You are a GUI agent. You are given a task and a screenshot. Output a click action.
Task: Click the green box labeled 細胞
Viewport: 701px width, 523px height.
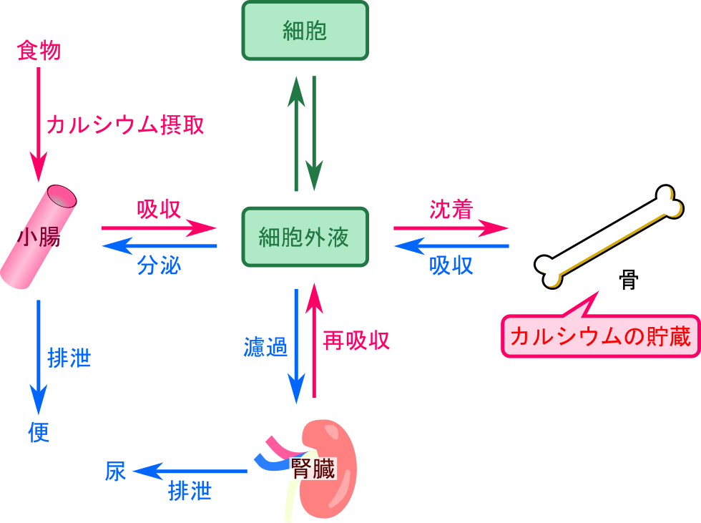[305, 31]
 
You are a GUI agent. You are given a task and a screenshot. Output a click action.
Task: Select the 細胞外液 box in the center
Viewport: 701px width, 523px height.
[305, 237]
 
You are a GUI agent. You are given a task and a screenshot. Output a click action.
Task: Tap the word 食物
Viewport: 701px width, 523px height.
[38, 52]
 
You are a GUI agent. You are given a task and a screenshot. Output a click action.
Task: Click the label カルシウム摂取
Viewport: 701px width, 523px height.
[125, 126]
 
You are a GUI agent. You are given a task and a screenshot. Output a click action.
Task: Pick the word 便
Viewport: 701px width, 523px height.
[39, 432]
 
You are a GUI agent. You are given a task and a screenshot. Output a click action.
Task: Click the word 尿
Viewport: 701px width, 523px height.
[116, 471]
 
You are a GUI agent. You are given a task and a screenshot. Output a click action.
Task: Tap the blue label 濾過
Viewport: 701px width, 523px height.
[265, 348]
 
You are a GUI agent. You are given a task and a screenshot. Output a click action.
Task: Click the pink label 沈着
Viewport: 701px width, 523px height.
[451, 209]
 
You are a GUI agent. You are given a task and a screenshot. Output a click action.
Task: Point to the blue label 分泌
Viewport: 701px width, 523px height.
[159, 265]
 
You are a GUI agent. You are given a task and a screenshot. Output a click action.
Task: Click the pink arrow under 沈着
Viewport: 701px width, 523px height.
[451, 228]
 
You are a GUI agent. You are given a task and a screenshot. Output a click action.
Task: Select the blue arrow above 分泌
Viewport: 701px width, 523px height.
[159, 246]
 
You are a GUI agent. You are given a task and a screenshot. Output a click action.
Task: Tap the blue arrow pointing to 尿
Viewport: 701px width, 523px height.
[190, 471]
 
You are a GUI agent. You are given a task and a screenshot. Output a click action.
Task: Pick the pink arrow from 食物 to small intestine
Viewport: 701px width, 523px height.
[39, 114]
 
